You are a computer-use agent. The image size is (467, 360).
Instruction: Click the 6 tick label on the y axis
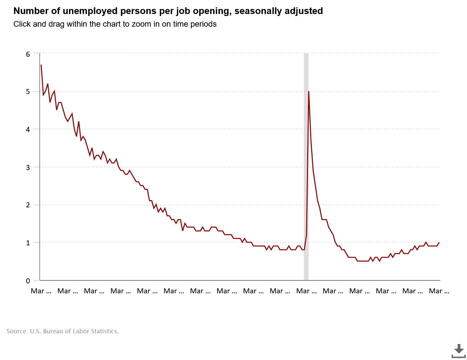28,54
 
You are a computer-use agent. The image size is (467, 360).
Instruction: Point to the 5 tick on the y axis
28,92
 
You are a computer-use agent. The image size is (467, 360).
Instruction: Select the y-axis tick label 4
28,129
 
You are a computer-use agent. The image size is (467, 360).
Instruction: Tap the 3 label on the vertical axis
28,167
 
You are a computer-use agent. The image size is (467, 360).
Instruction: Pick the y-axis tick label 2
28,205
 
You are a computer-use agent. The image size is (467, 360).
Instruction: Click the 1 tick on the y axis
28,243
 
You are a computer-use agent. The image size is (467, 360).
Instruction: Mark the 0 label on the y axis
28,281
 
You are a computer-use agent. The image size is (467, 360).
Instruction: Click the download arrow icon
459,350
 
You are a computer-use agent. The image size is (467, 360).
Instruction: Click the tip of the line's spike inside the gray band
309,91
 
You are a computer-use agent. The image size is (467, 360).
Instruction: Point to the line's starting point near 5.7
41,65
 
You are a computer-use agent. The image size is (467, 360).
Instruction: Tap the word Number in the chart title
27,11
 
